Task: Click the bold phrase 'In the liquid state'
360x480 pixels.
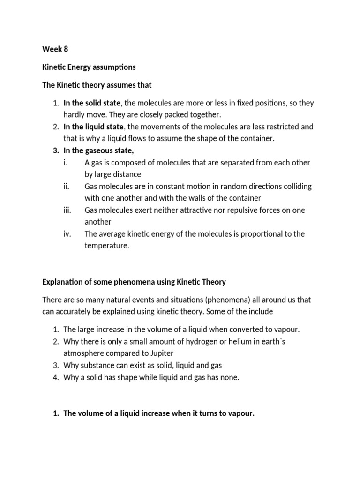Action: (93, 127)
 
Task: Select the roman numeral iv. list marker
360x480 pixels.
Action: (67, 234)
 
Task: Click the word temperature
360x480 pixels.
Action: (106, 246)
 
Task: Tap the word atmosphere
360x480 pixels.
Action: (85, 353)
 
